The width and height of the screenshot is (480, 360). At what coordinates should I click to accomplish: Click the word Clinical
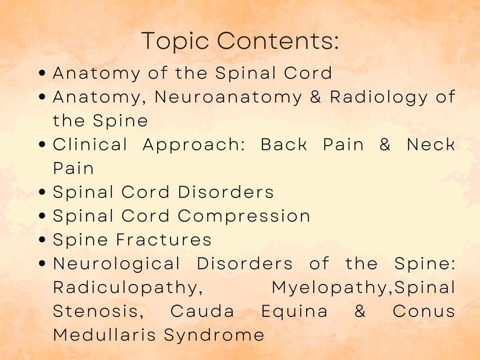point(90,145)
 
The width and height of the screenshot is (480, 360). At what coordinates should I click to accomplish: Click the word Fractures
point(164,240)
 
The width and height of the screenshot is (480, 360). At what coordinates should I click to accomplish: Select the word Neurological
point(117,264)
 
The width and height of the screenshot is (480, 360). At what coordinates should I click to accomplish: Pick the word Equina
point(294,312)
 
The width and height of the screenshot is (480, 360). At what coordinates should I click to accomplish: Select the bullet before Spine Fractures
point(42,240)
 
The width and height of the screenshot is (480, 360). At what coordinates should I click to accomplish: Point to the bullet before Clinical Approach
point(42,145)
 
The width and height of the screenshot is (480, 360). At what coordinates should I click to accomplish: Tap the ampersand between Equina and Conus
point(360,312)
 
